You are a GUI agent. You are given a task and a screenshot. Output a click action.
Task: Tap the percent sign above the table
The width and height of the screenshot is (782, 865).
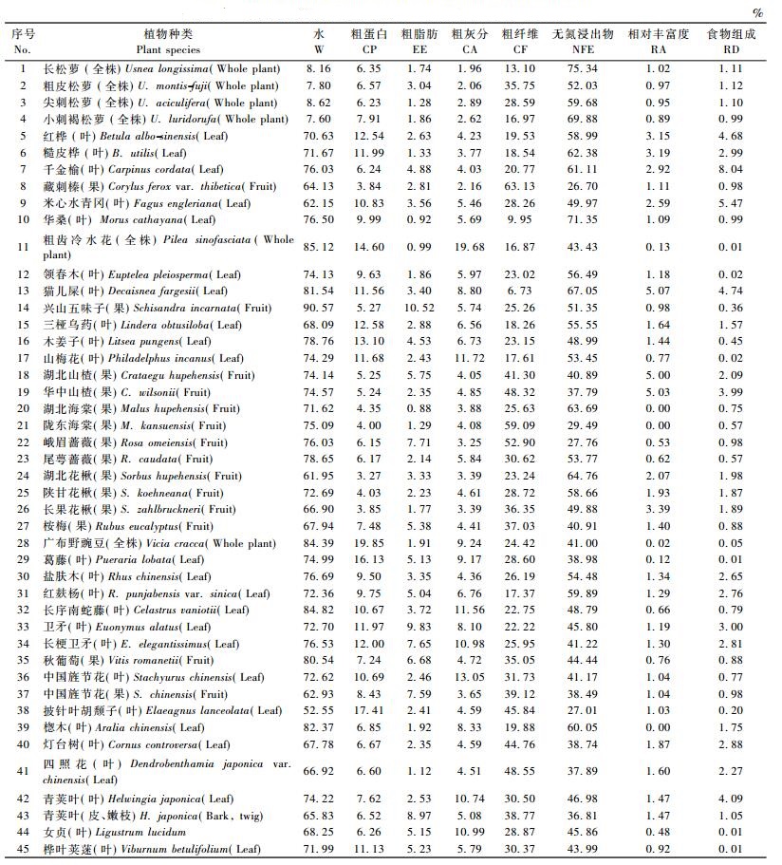pyautogui.click(x=756, y=13)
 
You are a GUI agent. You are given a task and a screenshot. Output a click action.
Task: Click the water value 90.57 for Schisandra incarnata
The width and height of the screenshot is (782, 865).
pyautogui.click(x=319, y=309)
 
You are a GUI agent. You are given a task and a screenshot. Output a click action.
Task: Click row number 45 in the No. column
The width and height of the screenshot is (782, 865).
pyautogui.click(x=23, y=849)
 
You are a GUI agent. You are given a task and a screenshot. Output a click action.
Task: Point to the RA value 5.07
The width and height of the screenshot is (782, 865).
pyautogui.click(x=658, y=291)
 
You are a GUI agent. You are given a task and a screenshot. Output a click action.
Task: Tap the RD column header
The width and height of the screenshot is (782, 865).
pyautogui.click(x=731, y=48)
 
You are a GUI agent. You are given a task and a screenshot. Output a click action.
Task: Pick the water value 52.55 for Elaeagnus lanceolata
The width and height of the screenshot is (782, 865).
pyautogui.click(x=319, y=711)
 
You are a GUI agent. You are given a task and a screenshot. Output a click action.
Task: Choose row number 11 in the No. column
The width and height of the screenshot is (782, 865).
pyautogui.click(x=23, y=248)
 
